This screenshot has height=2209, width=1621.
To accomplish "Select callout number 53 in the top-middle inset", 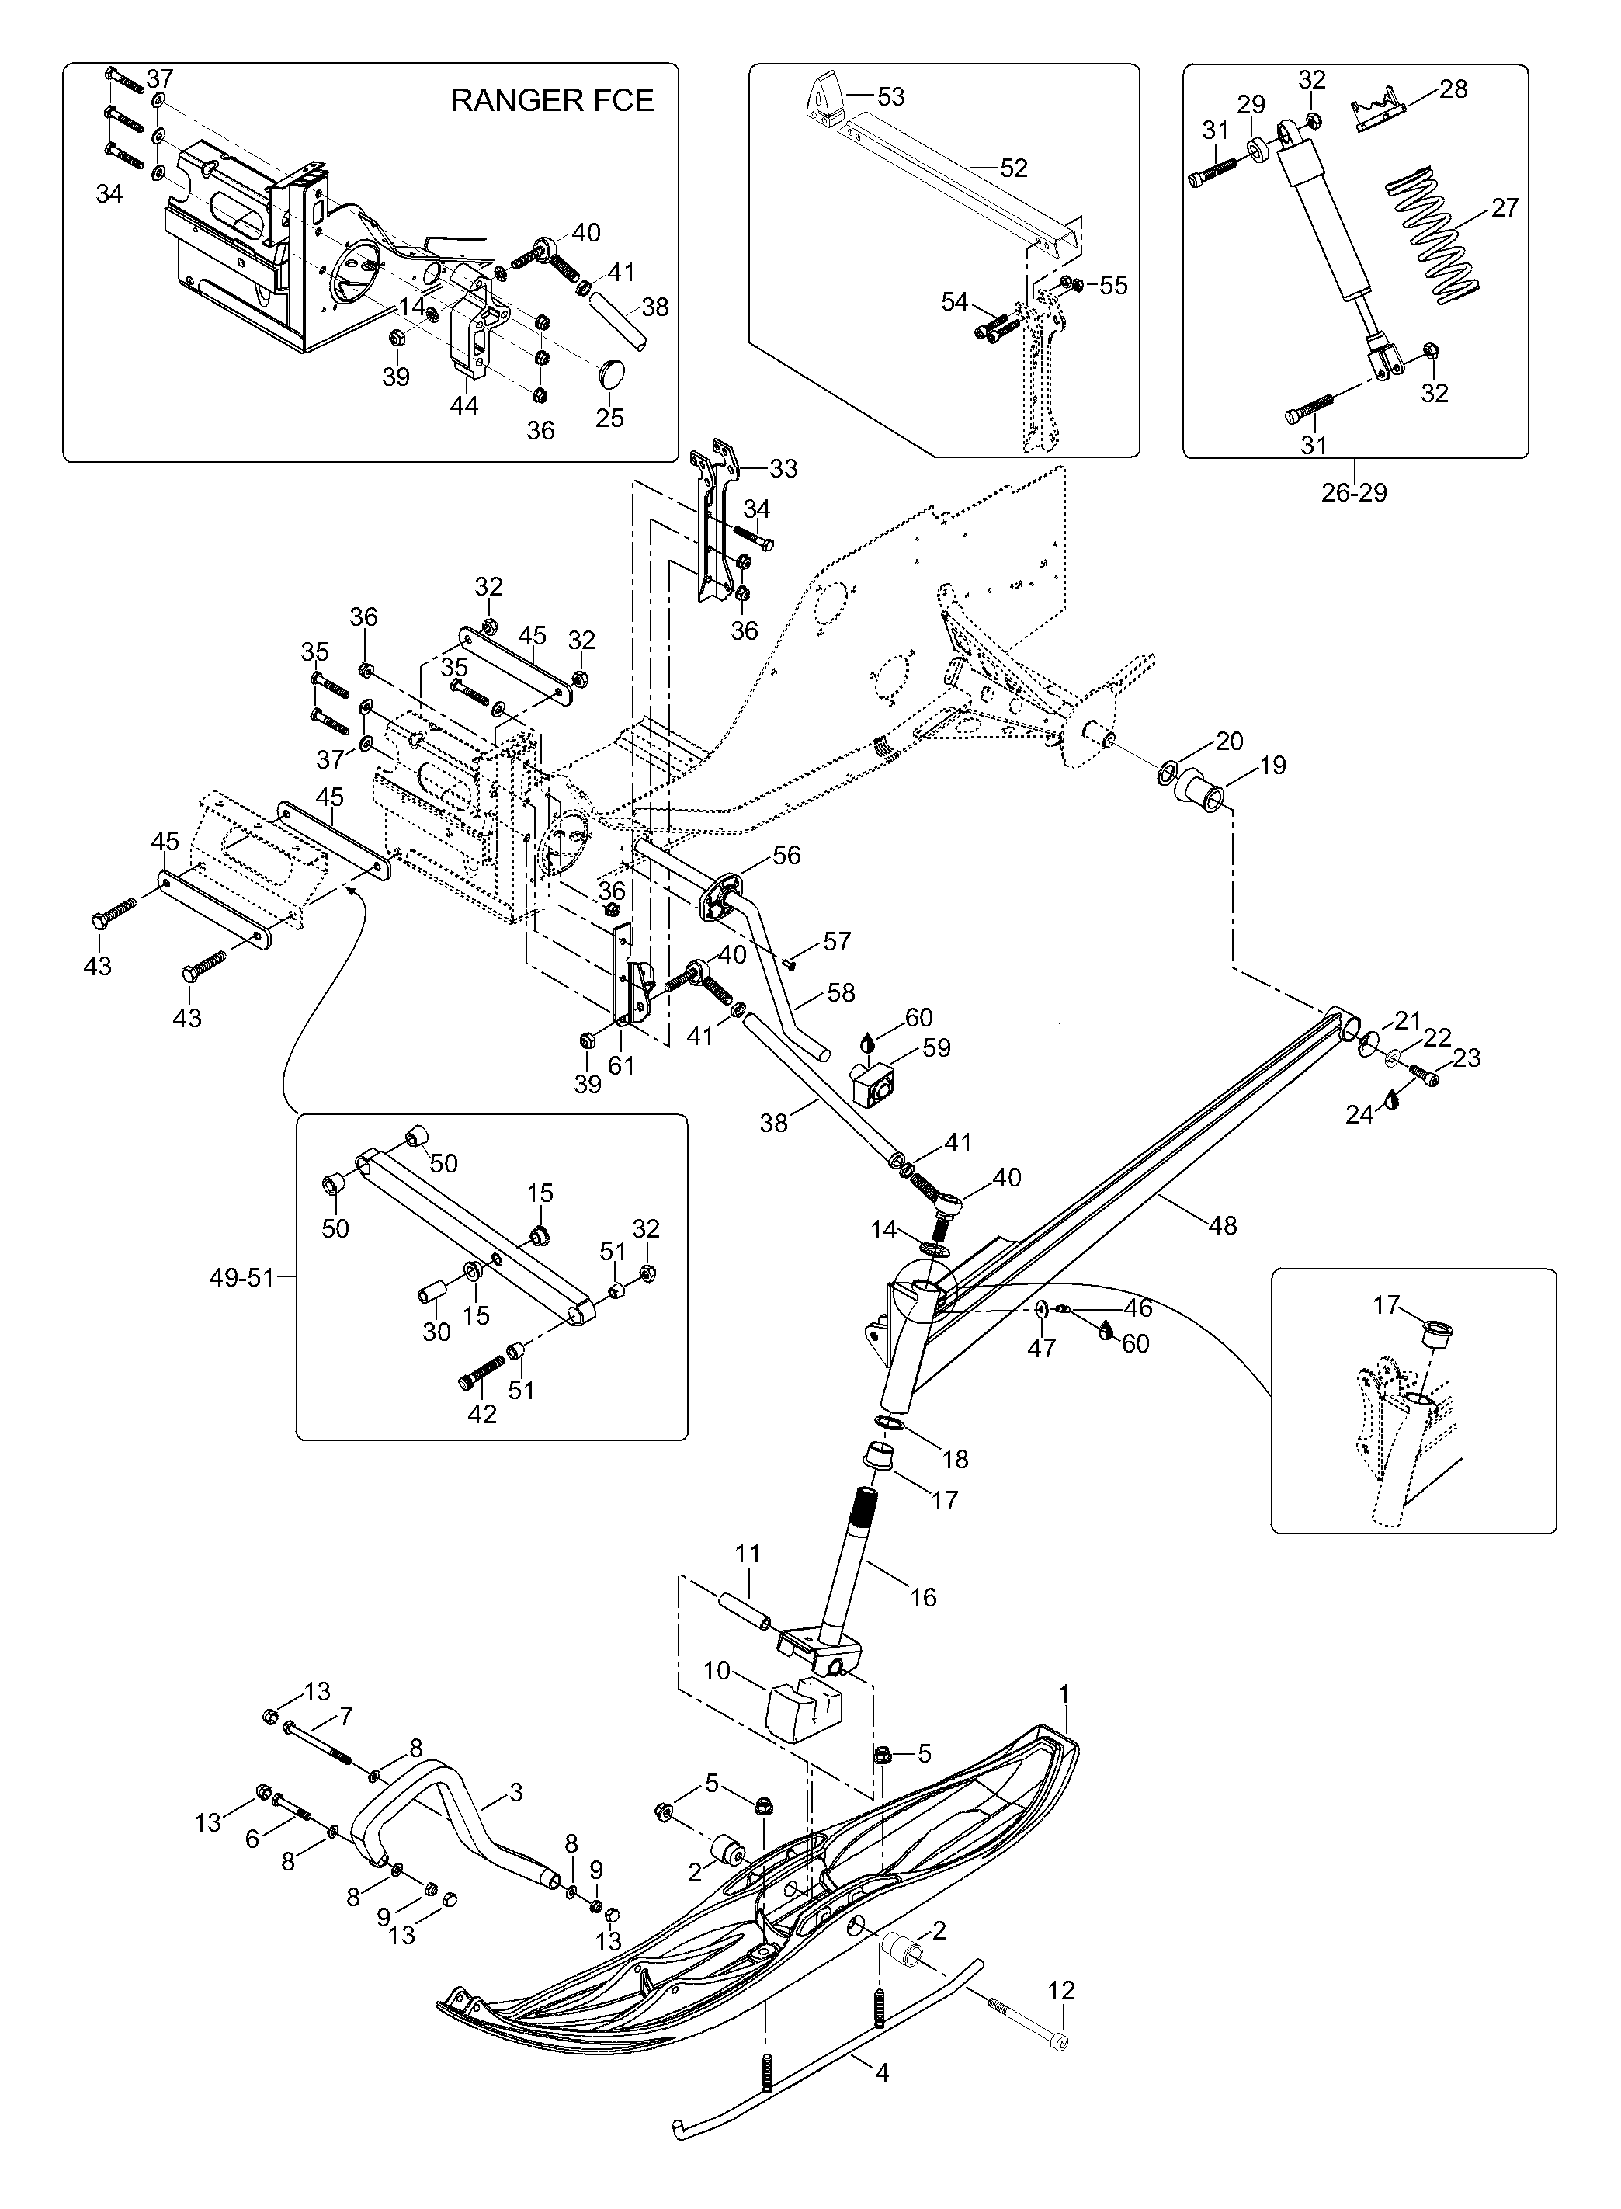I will tap(891, 97).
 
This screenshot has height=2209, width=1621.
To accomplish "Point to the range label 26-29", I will tap(1354, 492).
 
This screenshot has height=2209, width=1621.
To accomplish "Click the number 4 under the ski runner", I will tap(881, 2074).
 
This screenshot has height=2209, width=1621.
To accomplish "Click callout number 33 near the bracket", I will tap(783, 469).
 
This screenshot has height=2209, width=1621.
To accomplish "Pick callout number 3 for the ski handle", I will tap(516, 1793).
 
